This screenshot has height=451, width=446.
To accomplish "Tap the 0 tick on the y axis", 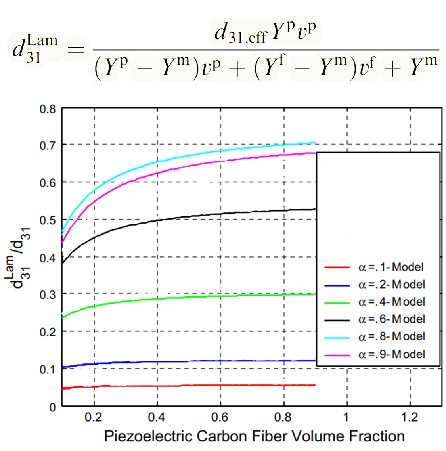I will click(53, 407).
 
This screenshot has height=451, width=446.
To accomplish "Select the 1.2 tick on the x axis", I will click(410, 417).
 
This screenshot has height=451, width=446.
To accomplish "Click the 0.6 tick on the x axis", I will click(220, 417).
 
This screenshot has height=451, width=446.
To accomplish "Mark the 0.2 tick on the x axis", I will click(94, 417).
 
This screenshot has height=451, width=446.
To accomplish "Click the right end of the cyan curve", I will click(315, 142).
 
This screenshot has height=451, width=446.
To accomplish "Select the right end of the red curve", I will click(315, 385).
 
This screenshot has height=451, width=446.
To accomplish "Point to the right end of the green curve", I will click(315, 294).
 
